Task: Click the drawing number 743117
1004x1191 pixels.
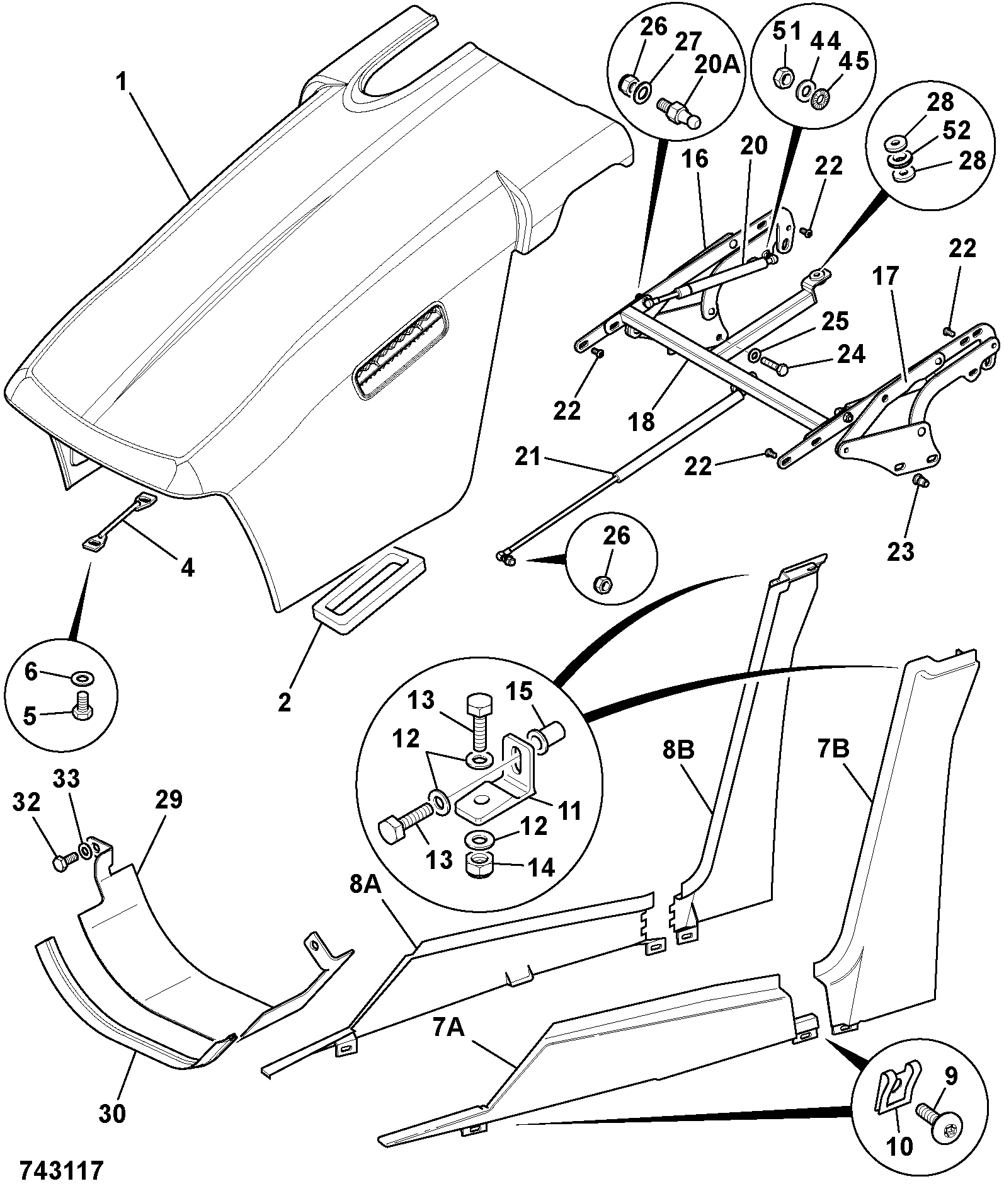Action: tap(61, 1170)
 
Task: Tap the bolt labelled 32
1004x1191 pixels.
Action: tap(62, 860)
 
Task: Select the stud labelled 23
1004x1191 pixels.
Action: tap(918, 483)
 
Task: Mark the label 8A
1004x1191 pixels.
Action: tap(366, 886)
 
